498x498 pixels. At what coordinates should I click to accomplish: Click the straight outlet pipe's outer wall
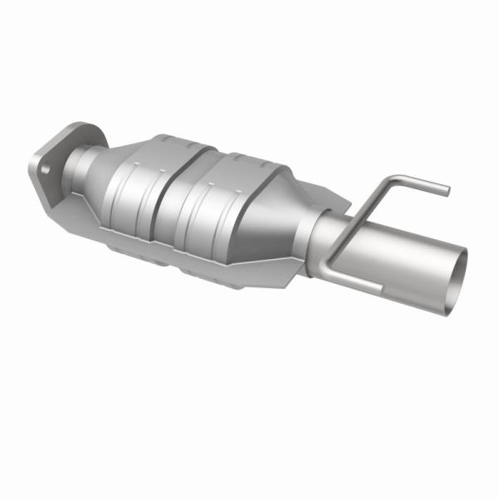(390, 249)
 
